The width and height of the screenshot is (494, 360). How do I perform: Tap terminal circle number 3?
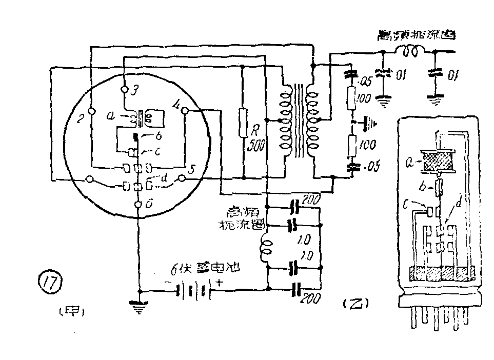coord(124,89)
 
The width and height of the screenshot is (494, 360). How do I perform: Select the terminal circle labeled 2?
coord(90,111)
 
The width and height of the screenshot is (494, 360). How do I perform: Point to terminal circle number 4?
coord(185,110)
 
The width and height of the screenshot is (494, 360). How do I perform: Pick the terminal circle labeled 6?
coord(138,205)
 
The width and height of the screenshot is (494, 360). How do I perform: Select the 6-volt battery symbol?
coord(193,291)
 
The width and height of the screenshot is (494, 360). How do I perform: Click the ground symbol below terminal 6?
coord(138,307)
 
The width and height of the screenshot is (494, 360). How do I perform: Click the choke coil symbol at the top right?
coord(409,51)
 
